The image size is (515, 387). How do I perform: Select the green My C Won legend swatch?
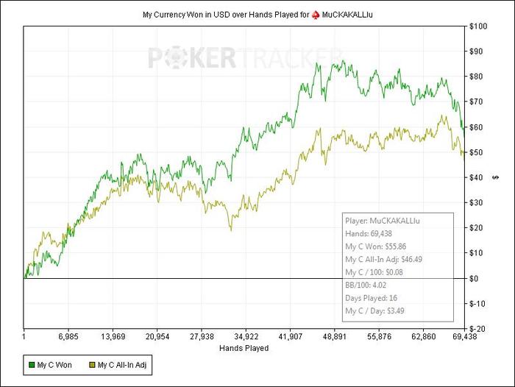[31, 363]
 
